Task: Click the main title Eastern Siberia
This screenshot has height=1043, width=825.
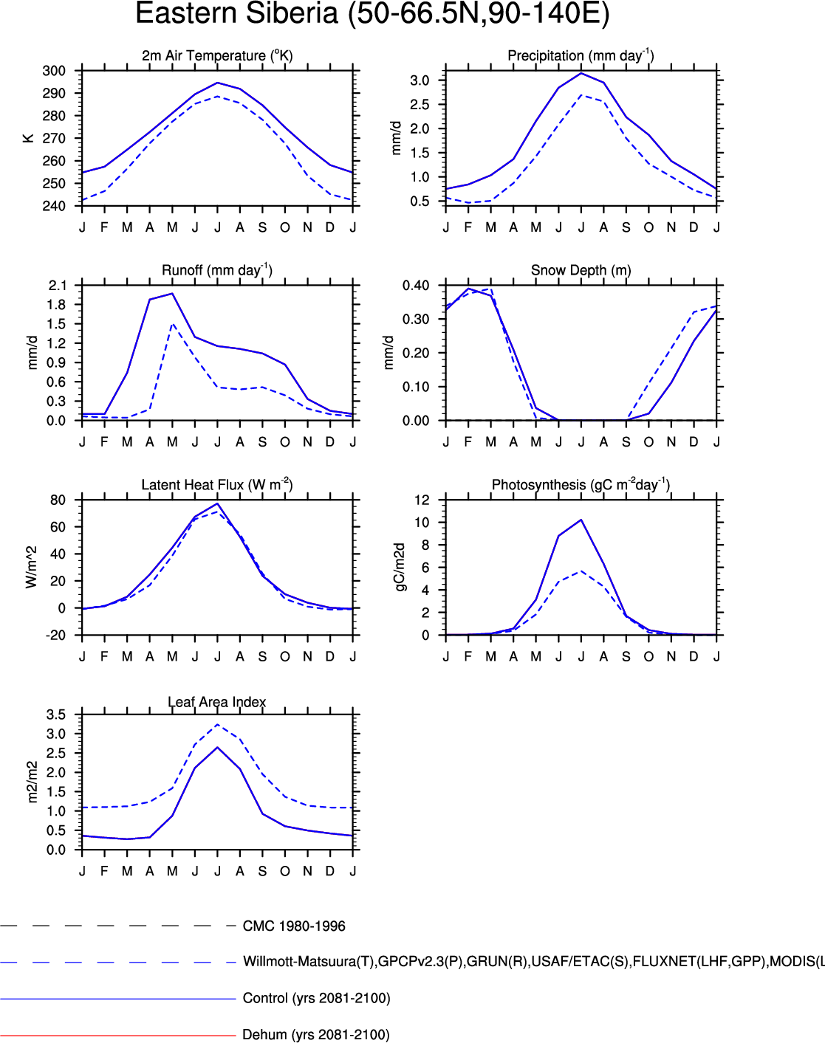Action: tap(372, 14)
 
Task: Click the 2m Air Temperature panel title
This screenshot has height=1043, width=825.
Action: tap(217, 56)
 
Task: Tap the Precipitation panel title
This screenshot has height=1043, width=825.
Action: tap(581, 56)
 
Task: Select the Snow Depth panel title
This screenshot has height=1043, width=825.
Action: tap(581, 270)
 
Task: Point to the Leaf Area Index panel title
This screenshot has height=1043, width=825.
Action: tap(216, 702)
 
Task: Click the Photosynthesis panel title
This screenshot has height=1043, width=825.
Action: tap(581, 485)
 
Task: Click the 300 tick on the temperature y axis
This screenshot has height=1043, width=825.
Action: tap(54, 71)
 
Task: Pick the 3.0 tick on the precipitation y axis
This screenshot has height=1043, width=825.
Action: tap(419, 80)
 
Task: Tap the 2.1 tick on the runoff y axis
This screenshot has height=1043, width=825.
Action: tap(56, 286)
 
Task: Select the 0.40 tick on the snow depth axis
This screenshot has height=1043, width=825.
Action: tap(415, 286)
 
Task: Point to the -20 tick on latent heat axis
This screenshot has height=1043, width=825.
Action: tap(56, 636)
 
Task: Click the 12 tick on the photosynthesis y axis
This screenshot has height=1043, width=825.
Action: tap(421, 500)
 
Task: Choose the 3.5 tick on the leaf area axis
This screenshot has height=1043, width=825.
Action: tap(56, 715)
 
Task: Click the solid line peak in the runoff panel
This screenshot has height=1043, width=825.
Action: tap(172, 294)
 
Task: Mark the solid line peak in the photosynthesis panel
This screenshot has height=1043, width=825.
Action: tap(581, 520)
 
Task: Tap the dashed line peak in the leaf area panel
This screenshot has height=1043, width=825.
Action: tap(217, 725)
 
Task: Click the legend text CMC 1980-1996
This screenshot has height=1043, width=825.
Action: tap(294, 926)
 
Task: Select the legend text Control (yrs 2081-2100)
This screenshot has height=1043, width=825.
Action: tap(316, 999)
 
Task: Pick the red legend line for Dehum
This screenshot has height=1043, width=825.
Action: tap(118, 1035)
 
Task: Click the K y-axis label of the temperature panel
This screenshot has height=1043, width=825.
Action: tap(29, 138)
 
